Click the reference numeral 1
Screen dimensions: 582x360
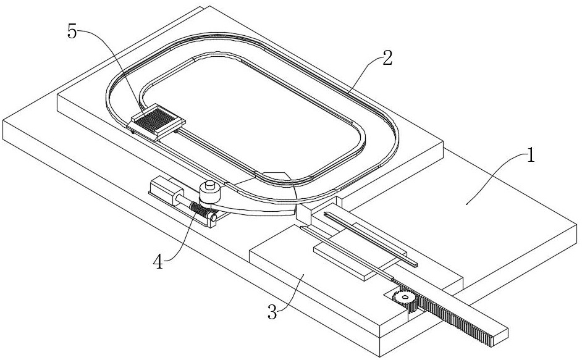[x=531, y=156]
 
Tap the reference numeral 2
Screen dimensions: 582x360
[x=387, y=58]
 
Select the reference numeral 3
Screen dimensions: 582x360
[x=272, y=312]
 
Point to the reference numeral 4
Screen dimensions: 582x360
[x=158, y=262]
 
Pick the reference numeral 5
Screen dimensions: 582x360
[x=72, y=31]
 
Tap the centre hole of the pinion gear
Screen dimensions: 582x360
[x=405, y=296]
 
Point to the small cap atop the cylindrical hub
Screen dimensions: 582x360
[x=209, y=185]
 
